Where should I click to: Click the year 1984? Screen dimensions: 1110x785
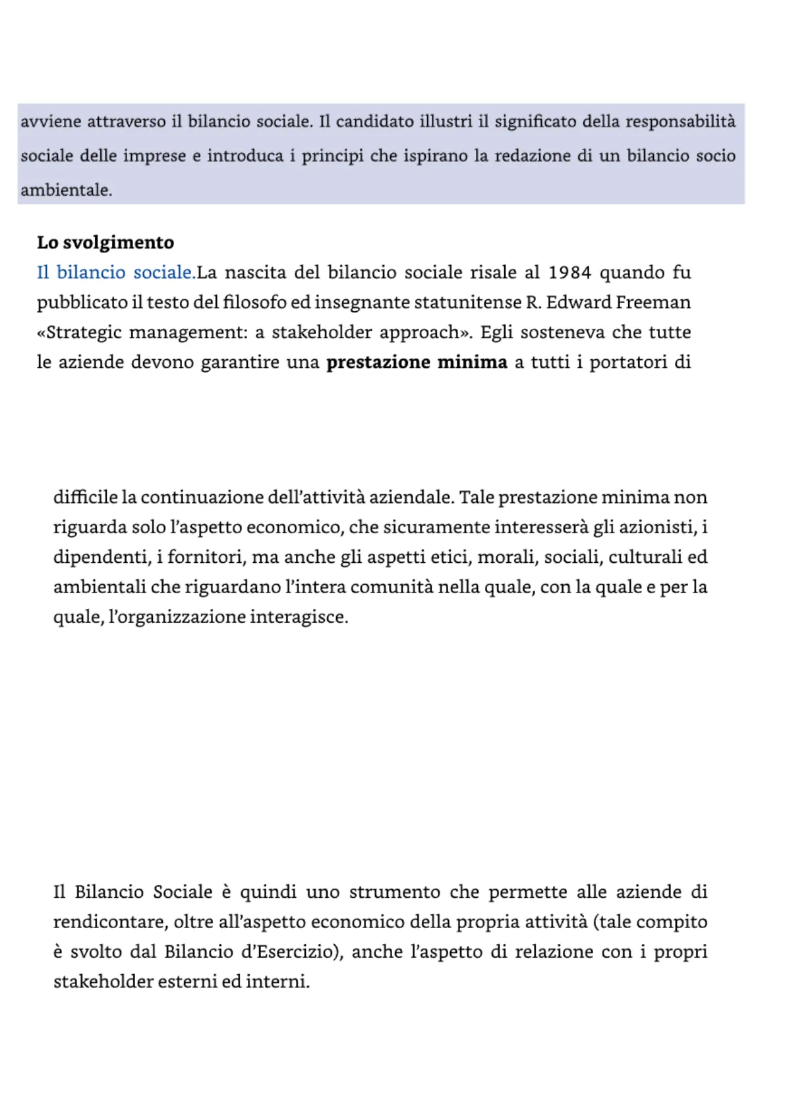pos(569,272)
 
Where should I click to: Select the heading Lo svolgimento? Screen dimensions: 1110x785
pos(105,243)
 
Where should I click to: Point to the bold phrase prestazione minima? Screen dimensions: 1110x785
pos(417,362)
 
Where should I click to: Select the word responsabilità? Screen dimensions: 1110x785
pos(680,122)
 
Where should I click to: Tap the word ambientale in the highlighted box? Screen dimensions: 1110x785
pos(66,190)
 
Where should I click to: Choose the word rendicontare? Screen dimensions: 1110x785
pos(109,921)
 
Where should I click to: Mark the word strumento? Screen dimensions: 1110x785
pos(394,892)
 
